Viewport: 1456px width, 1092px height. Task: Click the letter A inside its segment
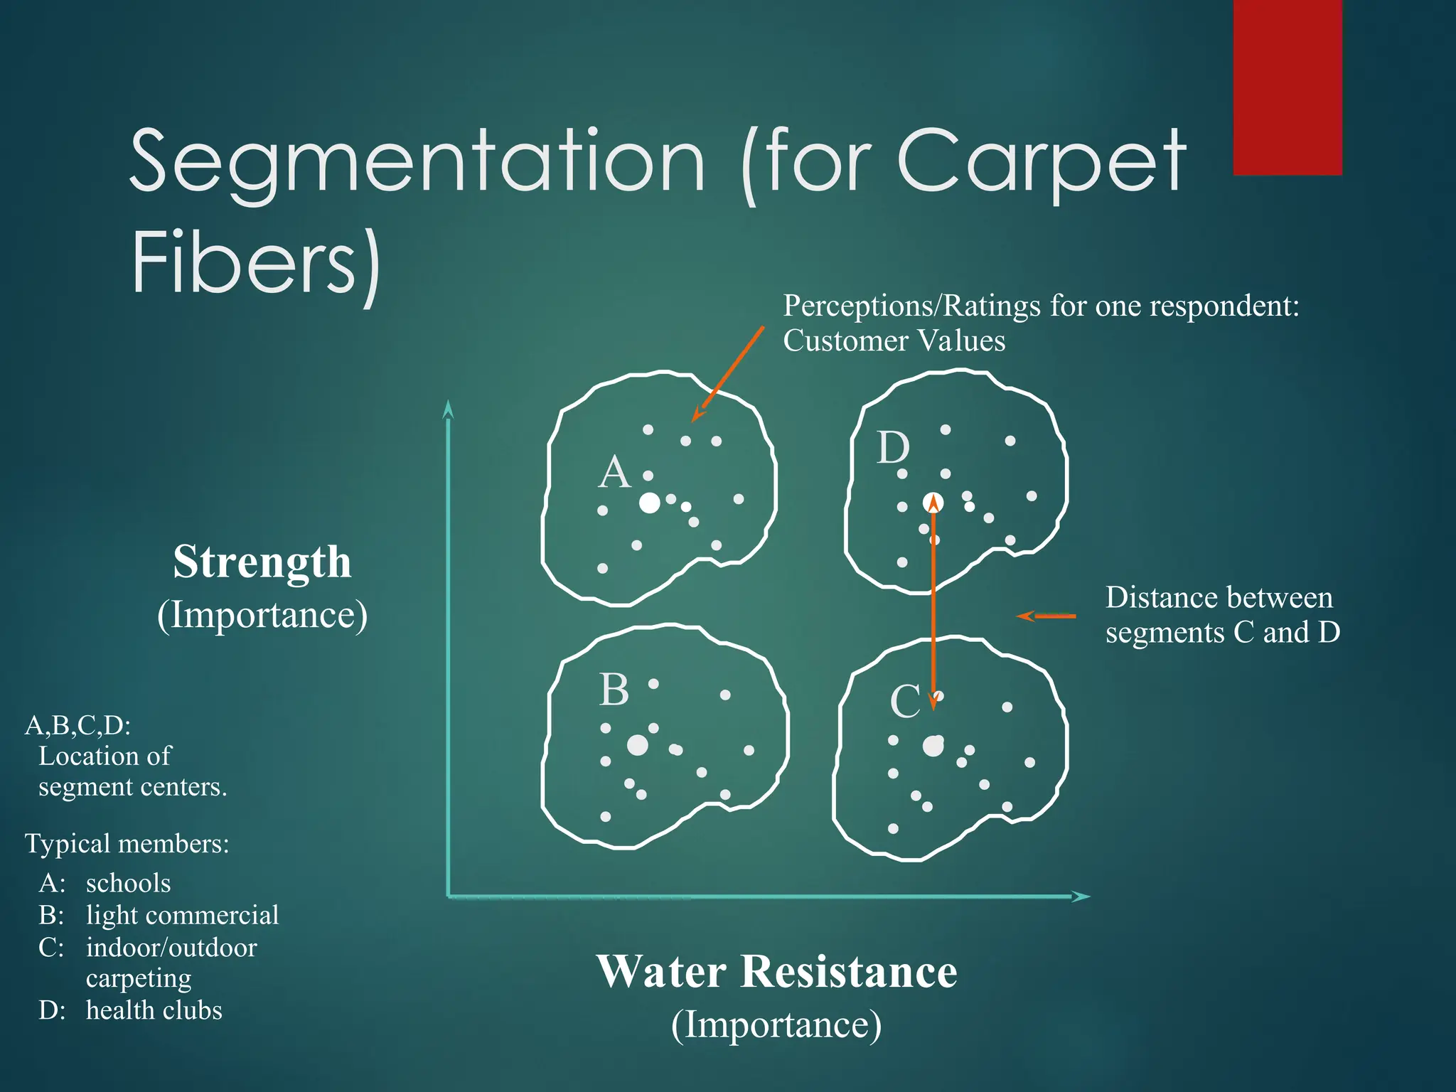click(x=614, y=473)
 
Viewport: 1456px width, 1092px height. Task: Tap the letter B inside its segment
click(x=614, y=690)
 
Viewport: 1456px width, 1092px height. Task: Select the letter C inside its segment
click(x=905, y=702)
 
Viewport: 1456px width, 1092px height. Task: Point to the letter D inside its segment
click(x=893, y=449)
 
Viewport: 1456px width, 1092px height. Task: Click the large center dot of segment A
click(x=649, y=503)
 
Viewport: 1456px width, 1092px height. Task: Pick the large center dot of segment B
click(x=638, y=745)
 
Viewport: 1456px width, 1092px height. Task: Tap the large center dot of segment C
click(x=933, y=746)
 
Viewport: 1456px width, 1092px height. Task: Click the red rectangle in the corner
click(x=1288, y=87)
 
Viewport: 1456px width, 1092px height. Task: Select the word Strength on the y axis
click(x=262, y=562)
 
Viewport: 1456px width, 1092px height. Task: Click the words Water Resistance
click(x=777, y=972)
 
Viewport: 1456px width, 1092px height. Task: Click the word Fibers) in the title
click(x=256, y=262)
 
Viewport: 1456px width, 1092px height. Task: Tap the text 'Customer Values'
click(x=894, y=341)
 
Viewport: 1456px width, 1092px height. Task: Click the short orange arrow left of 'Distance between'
click(x=1046, y=616)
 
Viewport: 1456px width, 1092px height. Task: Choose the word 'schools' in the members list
click(x=128, y=883)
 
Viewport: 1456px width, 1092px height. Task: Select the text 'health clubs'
click(x=154, y=1010)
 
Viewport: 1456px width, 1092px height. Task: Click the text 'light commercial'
click(x=182, y=915)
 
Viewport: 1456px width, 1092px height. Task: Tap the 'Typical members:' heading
click(x=127, y=844)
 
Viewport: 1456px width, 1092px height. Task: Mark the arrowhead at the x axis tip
click(x=1081, y=896)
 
